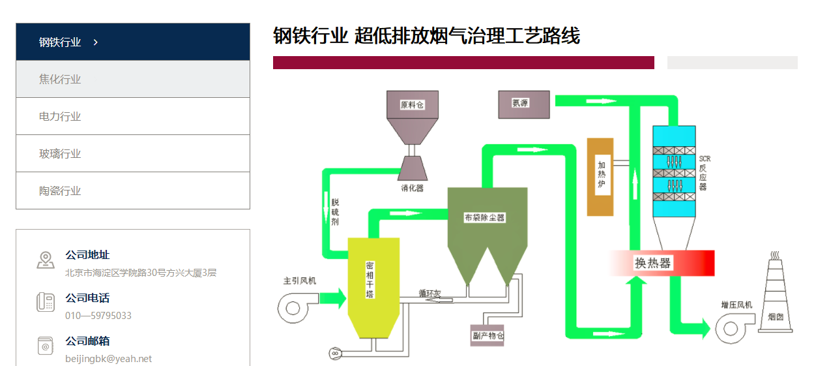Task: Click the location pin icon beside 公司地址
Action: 45,260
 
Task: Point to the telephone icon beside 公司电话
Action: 45,302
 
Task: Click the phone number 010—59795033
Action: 98,316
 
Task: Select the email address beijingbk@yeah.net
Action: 108,359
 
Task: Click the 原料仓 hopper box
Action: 412,104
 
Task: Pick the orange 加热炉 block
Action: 600,176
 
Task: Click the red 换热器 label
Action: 653,263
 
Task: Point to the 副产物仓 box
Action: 488,335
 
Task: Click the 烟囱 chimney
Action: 775,300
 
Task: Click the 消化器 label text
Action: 412,188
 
